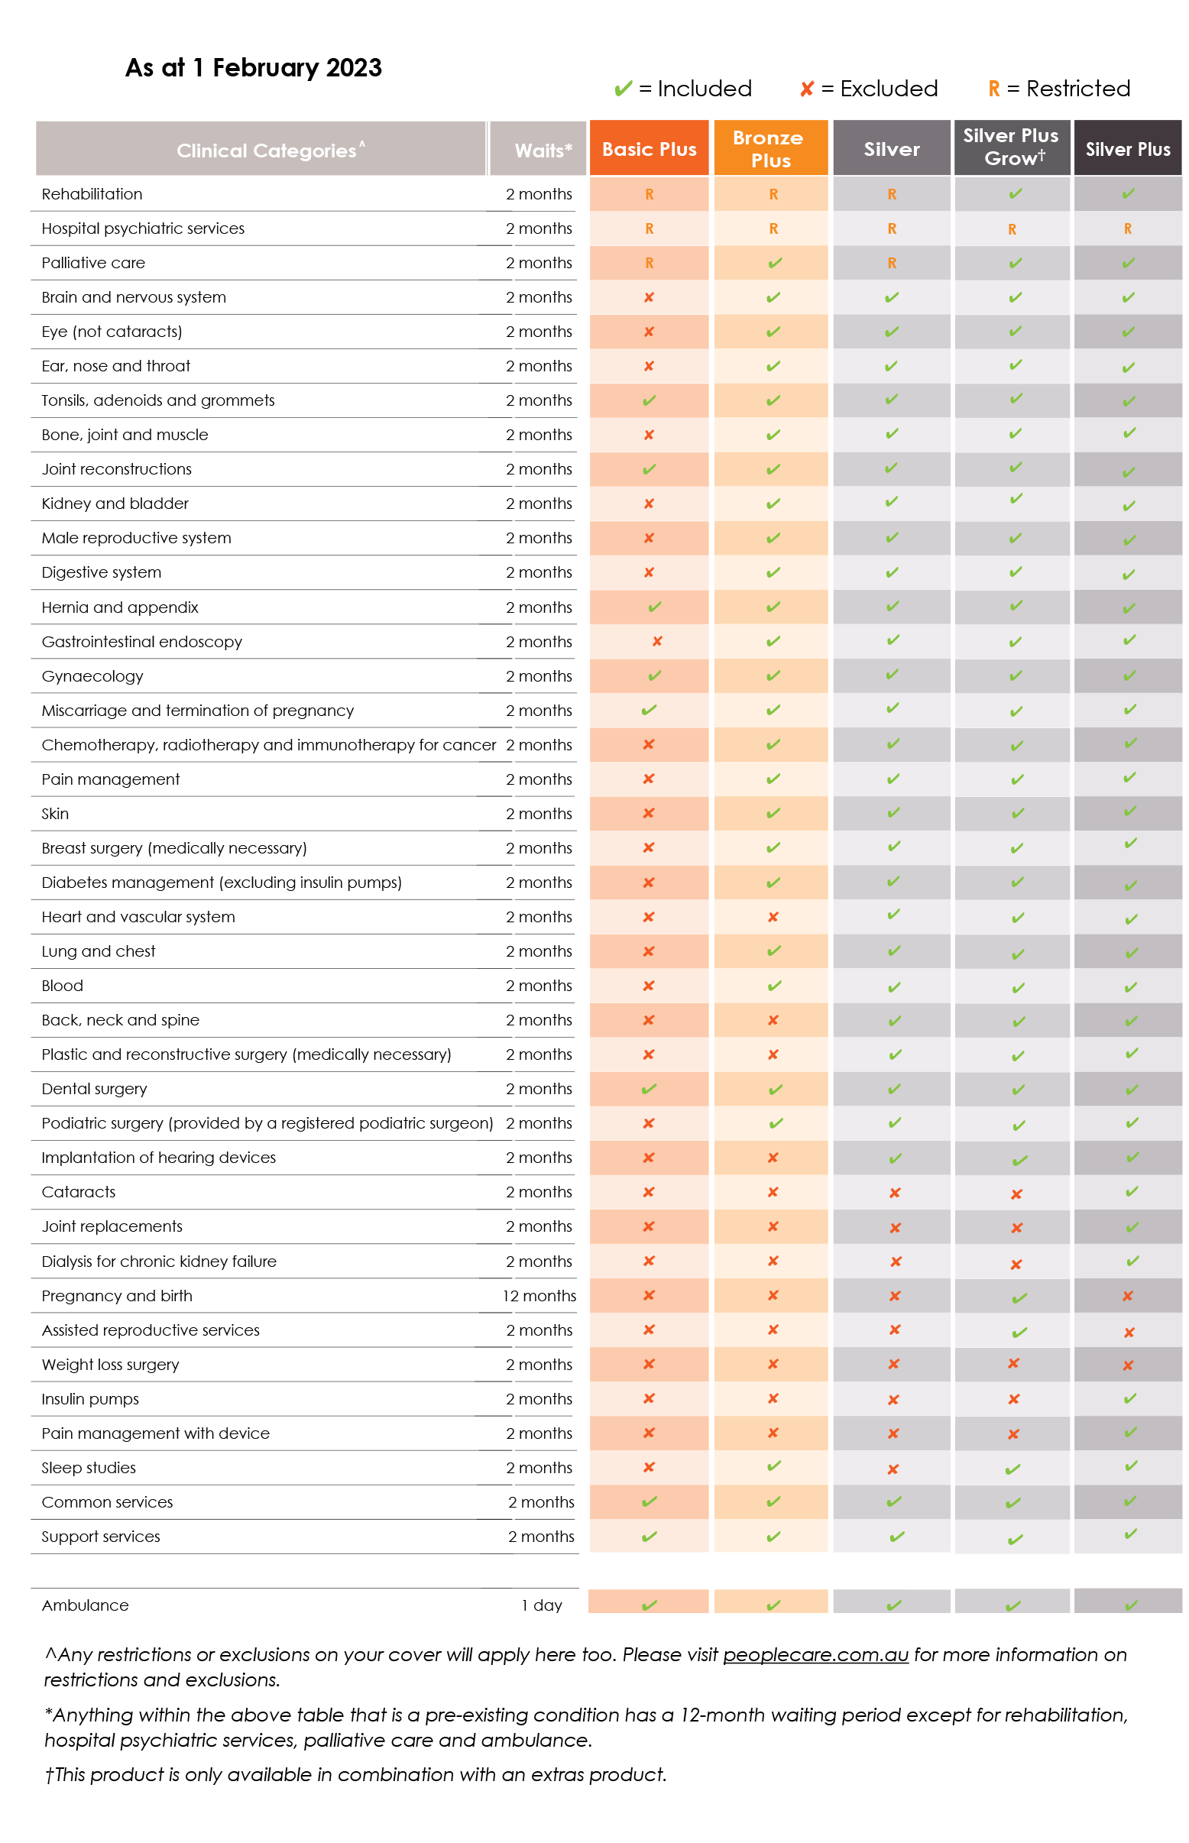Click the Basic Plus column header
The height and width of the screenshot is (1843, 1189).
click(649, 148)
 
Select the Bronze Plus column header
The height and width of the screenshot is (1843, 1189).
click(770, 148)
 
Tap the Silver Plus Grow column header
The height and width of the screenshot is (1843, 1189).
click(1012, 147)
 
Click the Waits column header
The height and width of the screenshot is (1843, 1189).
click(543, 150)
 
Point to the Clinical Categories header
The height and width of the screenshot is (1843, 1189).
click(271, 150)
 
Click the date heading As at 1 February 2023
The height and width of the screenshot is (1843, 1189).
click(253, 68)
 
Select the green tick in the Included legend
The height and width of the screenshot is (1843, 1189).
click(623, 89)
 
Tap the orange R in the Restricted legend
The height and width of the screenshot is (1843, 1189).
click(993, 89)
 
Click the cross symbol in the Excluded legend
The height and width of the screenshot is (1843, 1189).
click(807, 89)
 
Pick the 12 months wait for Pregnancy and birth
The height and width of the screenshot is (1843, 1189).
click(539, 1296)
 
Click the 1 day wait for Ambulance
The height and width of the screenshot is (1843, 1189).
click(541, 1605)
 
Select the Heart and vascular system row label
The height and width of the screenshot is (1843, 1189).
click(138, 916)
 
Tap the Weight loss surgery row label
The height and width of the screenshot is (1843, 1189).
click(110, 1365)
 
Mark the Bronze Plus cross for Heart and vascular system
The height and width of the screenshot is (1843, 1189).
click(773, 916)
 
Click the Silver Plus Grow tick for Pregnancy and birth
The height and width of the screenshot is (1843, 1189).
click(1019, 1298)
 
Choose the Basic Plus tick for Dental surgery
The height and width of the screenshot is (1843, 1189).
click(649, 1089)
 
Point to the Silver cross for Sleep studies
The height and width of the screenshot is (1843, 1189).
click(893, 1469)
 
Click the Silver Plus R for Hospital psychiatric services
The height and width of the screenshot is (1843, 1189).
click(1128, 228)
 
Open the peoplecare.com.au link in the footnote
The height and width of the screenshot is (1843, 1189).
click(815, 1654)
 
